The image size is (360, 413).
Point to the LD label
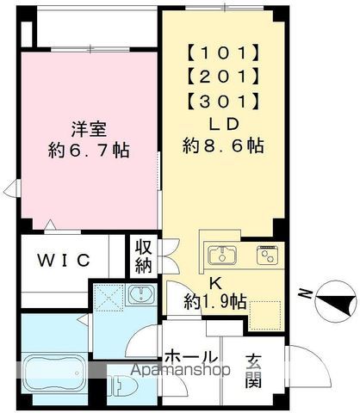coord(222,126)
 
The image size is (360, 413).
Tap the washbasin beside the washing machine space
coord(139,298)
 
